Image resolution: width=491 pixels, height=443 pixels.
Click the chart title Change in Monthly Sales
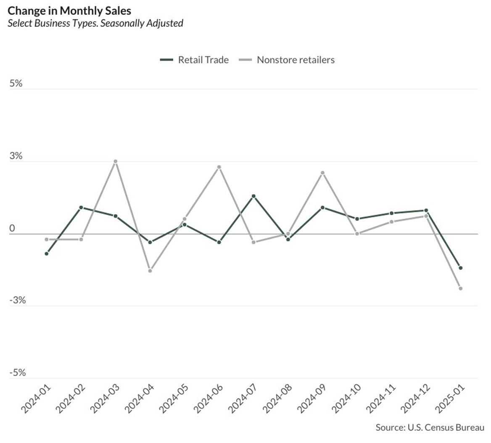69,10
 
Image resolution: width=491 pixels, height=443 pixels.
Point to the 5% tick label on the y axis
16,83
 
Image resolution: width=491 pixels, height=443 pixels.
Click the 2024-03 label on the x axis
105,398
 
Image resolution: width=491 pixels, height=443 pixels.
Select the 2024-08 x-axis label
277,398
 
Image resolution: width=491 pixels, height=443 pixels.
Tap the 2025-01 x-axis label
450,398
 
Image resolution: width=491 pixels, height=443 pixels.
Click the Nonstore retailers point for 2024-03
115,161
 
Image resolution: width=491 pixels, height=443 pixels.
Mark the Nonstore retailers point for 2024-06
219,167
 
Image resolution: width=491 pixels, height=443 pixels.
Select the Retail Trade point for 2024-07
253,196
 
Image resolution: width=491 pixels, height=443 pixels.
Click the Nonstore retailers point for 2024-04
150,271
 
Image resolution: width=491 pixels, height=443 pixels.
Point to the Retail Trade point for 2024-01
46,253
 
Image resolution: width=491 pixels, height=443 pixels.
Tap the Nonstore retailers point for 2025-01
461,288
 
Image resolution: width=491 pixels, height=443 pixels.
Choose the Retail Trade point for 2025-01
461,268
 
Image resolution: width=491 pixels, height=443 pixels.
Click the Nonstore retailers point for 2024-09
322,173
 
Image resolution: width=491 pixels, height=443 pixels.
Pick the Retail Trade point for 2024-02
81,207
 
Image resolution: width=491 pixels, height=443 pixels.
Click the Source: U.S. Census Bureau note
430,427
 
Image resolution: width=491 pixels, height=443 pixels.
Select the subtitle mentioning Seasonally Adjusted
95,23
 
